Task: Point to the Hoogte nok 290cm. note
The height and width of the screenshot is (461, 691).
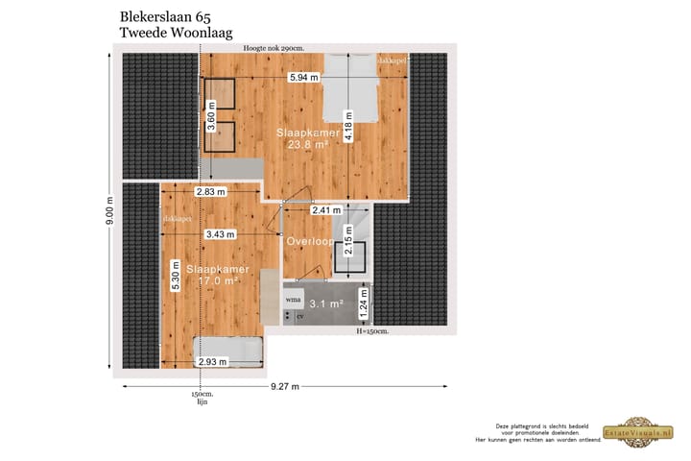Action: (274, 48)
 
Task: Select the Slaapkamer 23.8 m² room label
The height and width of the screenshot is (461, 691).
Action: (302, 137)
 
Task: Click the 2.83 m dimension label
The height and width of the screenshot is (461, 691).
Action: (210, 192)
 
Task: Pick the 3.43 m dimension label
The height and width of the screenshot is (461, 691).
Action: (220, 233)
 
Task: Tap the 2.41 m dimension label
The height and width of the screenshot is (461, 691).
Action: (326, 209)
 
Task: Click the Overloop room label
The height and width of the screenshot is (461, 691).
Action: (309, 240)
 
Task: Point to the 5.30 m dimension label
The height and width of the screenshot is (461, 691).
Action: (176, 277)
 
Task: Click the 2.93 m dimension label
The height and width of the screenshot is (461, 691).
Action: (211, 362)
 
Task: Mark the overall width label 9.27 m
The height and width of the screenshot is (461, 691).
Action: (285, 386)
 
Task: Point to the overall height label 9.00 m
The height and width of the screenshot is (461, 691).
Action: (108, 211)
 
